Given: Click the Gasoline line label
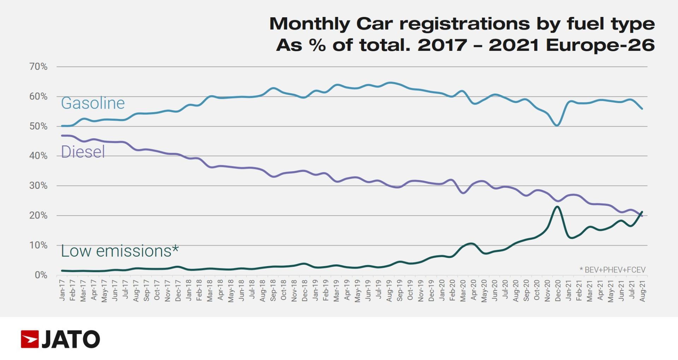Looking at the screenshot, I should pyautogui.click(x=93, y=103).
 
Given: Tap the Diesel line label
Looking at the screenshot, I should pyautogui.click(x=83, y=152).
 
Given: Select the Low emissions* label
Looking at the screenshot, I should pyautogui.click(x=120, y=251).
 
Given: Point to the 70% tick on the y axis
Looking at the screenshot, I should pyautogui.click(x=38, y=66).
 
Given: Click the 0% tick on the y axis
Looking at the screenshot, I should pyautogui.click(x=41, y=275).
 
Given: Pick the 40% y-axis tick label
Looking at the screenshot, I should pyautogui.click(x=38, y=156).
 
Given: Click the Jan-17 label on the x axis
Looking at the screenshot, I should pyautogui.click(x=63, y=290).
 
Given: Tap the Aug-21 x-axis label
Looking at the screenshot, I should pyautogui.click(x=643, y=291).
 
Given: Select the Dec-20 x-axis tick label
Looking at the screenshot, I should pyautogui.click(x=558, y=291).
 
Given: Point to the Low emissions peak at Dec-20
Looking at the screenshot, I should pyautogui.click(x=557, y=207).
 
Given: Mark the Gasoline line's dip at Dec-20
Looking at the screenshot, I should pyautogui.click(x=557, y=125).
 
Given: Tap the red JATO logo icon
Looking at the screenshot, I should pyautogui.click(x=30, y=339).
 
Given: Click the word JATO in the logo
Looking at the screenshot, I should pyautogui.click(x=71, y=339).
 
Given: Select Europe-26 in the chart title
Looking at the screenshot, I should pyautogui.click(x=600, y=45).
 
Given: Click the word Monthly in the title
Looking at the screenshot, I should pyautogui.click(x=309, y=24).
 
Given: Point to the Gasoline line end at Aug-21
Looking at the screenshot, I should pyautogui.click(x=642, y=109).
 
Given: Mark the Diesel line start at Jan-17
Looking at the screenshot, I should pyautogui.click(x=63, y=136).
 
